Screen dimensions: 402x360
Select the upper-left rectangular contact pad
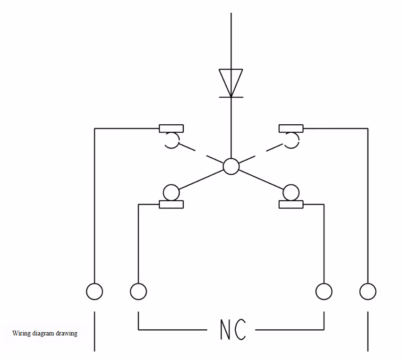(x=171, y=129)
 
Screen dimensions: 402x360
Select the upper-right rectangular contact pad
(x=291, y=129)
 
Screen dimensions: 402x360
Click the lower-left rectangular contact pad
(x=171, y=205)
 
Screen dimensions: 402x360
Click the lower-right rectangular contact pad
(x=291, y=205)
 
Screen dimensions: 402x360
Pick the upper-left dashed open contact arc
(x=179, y=140)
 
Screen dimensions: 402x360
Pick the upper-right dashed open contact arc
(x=299, y=140)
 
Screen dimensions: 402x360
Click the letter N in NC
(x=225, y=329)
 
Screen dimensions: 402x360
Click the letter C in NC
(x=240, y=329)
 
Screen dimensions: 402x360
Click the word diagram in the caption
(x=43, y=334)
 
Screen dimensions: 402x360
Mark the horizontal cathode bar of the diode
(x=231, y=97)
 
